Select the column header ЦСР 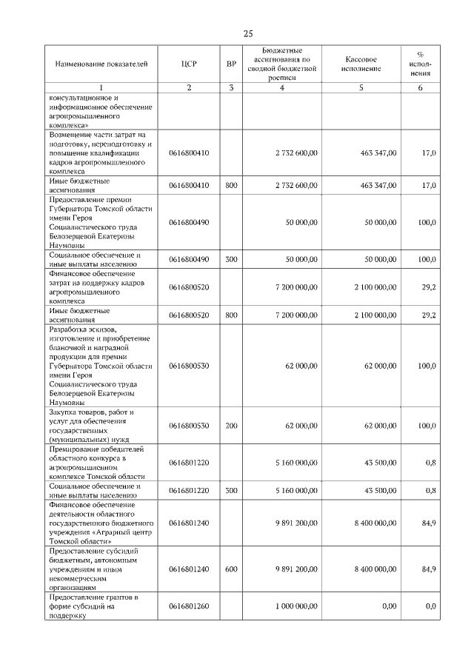point(189,64)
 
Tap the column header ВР point(231,64)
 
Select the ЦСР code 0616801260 point(189,606)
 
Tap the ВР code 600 point(231,569)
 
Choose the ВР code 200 point(231,426)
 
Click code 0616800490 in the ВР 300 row point(189,259)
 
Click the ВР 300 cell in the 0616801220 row point(231,490)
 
